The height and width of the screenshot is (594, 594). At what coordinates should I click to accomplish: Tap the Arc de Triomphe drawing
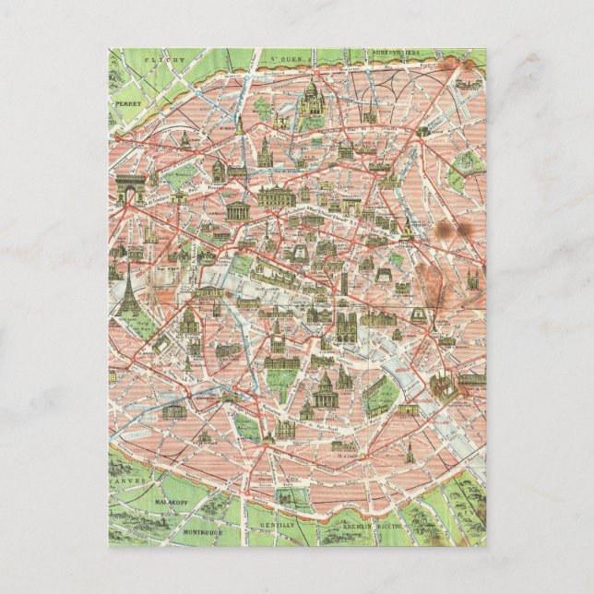tap(129, 186)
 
